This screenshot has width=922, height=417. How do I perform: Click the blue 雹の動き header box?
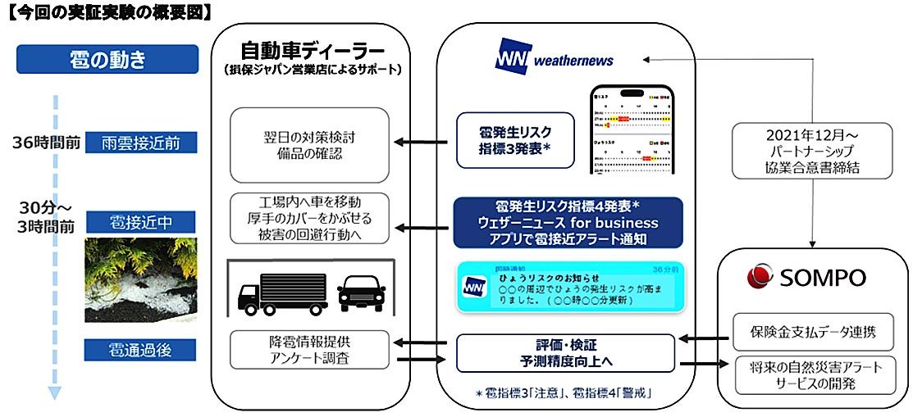tap(107, 60)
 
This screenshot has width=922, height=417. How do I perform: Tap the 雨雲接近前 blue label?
tap(141, 143)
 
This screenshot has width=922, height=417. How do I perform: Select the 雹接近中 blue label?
tap(141, 222)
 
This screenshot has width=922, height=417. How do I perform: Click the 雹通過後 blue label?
tap(141, 351)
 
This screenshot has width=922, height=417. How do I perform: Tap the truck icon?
tap(273, 292)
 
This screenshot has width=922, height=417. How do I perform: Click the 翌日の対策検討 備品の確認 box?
tap(309, 145)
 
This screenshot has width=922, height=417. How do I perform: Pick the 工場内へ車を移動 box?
tap(309, 217)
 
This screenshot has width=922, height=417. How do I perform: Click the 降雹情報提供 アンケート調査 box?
tap(309, 350)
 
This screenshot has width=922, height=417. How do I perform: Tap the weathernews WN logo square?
tap(512, 59)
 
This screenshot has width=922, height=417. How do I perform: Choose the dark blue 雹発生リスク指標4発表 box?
tap(567, 222)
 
